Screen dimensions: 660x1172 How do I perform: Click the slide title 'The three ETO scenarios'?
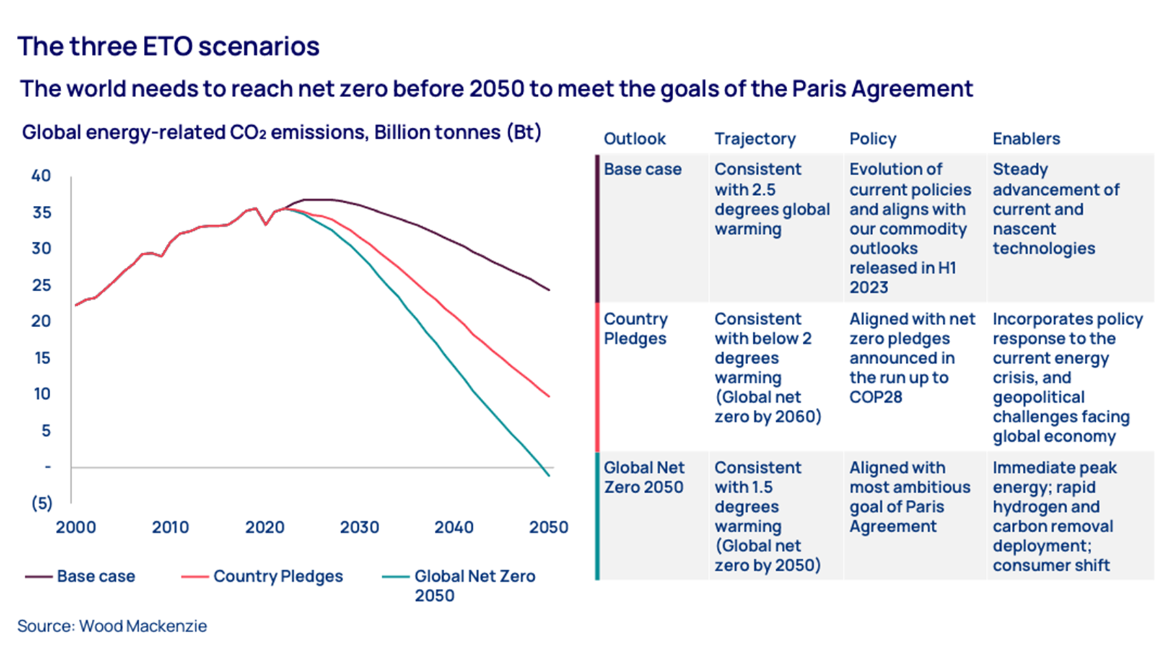[x=168, y=46]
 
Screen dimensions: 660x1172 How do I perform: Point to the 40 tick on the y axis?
[x=41, y=176]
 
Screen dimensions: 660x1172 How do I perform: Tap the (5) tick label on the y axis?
[x=42, y=503]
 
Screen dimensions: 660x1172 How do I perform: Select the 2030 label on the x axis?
[x=359, y=527]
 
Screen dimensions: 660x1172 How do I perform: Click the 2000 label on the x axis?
[x=76, y=527]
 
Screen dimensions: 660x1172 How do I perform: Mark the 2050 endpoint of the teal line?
[x=550, y=476]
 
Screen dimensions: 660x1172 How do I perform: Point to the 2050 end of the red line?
[x=549, y=396]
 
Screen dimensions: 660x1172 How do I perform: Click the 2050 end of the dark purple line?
[x=549, y=290]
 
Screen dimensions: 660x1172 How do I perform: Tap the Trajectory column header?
[x=755, y=139]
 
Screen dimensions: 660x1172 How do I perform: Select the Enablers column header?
[x=1026, y=139]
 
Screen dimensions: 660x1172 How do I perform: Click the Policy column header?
[x=872, y=139]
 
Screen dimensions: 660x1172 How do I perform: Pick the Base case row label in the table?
[x=642, y=169]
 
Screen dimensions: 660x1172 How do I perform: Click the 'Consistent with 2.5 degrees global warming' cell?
[x=772, y=199]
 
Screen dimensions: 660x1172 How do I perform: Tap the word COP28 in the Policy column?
[x=875, y=397]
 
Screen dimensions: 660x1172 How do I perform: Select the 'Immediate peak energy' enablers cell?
[x=1054, y=516]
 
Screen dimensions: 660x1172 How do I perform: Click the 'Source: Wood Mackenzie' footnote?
[x=112, y=626]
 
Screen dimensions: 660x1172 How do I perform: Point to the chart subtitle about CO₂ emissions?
[x=281, y=132]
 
